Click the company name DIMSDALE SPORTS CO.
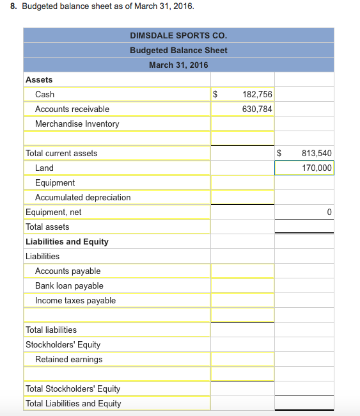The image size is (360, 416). (x=178, y=35)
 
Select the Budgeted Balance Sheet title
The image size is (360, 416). (x=178, y=50)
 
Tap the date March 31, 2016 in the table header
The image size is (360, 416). (x=178, y=65)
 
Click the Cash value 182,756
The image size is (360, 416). (x=257, y=94)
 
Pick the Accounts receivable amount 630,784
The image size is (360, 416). (x=257, y=109)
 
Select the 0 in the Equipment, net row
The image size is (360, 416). (x=329, y=212)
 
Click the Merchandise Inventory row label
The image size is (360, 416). (x=77, y=124)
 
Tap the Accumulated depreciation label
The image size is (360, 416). (x=82, y=197)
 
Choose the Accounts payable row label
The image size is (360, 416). (x=68, y=271)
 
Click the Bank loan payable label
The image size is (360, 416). (x=69, y=285)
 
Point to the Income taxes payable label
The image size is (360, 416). (x=75, y=300)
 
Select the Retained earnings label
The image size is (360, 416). (x=68, y=359)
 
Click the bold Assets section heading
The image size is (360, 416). (x=39, y=79)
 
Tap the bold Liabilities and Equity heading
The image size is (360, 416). (x=67, y=241)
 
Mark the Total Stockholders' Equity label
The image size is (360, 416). (x=72, y=388)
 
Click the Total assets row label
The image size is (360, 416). (x=47, y=227)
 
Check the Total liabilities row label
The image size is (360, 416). (x=51, y=330)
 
